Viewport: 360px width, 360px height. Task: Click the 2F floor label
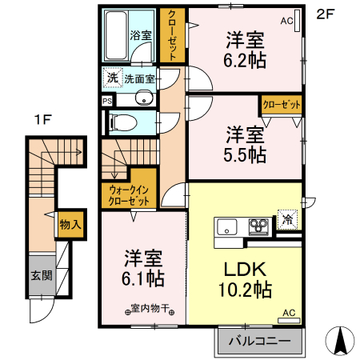point(325,13)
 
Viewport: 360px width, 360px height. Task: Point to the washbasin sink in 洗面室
point(144,99)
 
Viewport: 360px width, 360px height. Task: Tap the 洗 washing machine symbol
point(111,79)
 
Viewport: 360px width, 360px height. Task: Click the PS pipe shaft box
point(107,101)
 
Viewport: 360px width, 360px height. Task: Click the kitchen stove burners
point(259,225)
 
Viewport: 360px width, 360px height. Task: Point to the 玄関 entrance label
point(41,276)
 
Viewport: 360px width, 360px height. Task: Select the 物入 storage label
point(70,225)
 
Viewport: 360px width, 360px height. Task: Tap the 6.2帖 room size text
point(246,59)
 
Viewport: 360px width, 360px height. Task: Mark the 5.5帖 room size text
point(246,155)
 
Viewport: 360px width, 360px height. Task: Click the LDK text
point(244,269)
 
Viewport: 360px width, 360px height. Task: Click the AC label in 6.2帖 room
point(286,22)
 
